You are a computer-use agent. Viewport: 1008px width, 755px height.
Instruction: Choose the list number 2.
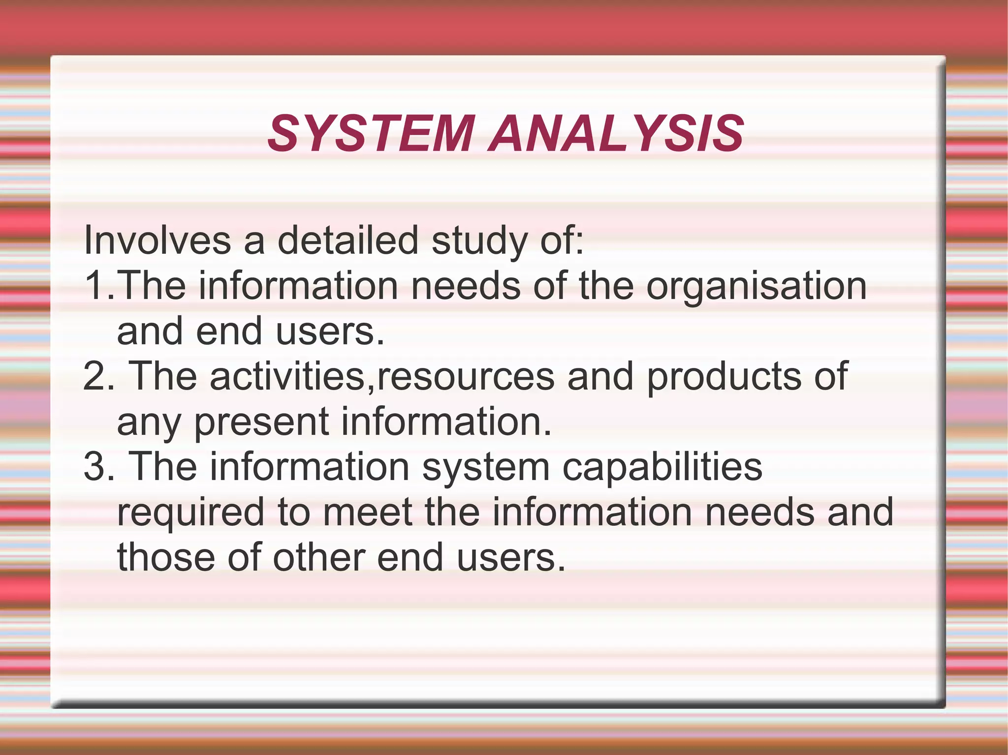pyautogui.click(x=95, y=376)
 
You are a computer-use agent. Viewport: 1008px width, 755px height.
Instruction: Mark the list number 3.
pyautogui.click(x=95, y=467)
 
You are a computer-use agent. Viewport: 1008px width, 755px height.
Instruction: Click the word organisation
pyautogui.click(x=756, y=287)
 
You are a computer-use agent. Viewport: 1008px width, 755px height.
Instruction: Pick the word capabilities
pyautogui.click(x=662, y=468)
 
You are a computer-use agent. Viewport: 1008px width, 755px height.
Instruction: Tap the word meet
pyautogui.click(x=367, y=512)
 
